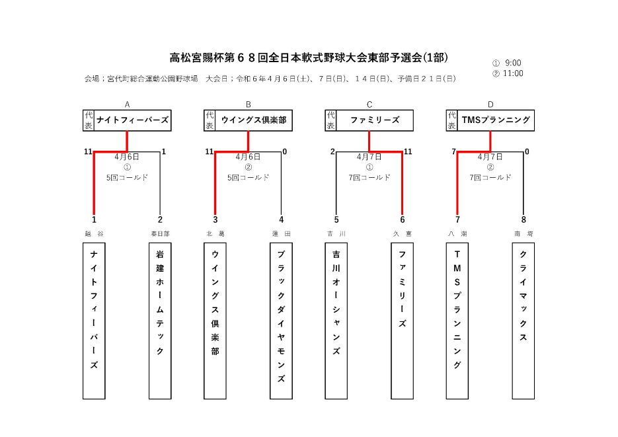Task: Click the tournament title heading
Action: [x=309, y=58]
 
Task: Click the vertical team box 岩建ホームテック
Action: [x=160, y=321]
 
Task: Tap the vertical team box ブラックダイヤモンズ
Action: [x=281, y=321]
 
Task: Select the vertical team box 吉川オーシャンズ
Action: [x=336, y=321]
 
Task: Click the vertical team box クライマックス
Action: [x=523, y=321]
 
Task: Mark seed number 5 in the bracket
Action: [x=336, y=219]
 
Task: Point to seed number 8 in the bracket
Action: [x=523, y=219]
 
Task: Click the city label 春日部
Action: [x=160, y=234]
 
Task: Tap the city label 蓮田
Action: [x=281, y=234]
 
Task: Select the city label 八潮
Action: [x=457, y=234]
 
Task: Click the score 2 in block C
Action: [x=332, y=152]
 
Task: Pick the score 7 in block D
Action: [x=454, y=152]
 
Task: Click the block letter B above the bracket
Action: [x=249, y=104]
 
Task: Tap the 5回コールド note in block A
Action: [x=128, y=177]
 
